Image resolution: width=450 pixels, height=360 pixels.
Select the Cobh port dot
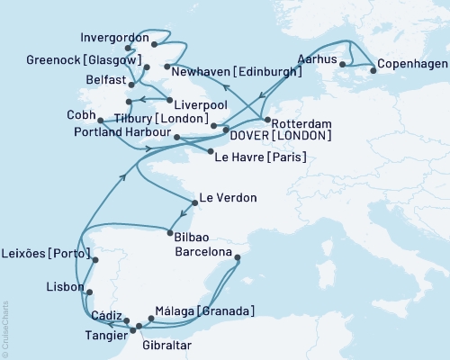pyautogui.click(x=99, y=120)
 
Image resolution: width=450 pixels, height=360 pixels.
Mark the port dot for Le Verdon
pyautogui.click(x=194, y=202)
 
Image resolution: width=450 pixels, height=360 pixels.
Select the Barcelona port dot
pyautogui.click(x=238, y=258)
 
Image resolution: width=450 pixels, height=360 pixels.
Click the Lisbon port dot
pyautogui.click(x=88, y=291)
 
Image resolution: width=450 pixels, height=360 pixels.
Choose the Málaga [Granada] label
pyautogui.click(x=205, y=311)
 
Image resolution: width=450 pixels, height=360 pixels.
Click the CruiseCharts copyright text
pyautogui.click(x=5, y=329)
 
